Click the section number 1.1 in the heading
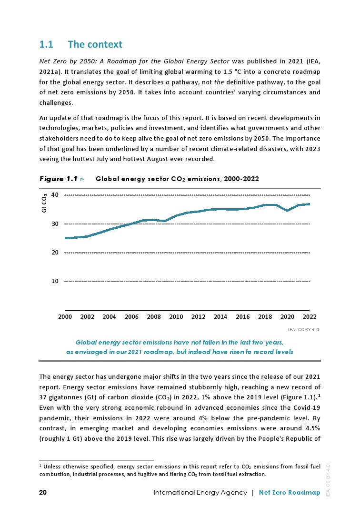point(46,45)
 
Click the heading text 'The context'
point(95,45)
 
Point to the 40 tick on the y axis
point(55,195)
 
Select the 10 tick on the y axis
point(55,281)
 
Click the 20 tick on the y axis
point(55,253)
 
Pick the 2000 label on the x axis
point(65,316)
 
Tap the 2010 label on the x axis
point(176,316)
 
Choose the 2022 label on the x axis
point(310,316)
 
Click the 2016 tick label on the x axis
point(243,316)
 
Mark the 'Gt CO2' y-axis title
point(44,203)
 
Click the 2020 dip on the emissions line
point(287,210)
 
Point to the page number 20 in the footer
point(43,492)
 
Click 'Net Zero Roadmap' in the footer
point(290,492)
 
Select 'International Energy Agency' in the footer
point(200,492)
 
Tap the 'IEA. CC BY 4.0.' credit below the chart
point(304,329)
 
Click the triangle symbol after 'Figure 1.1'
point(82,179)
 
